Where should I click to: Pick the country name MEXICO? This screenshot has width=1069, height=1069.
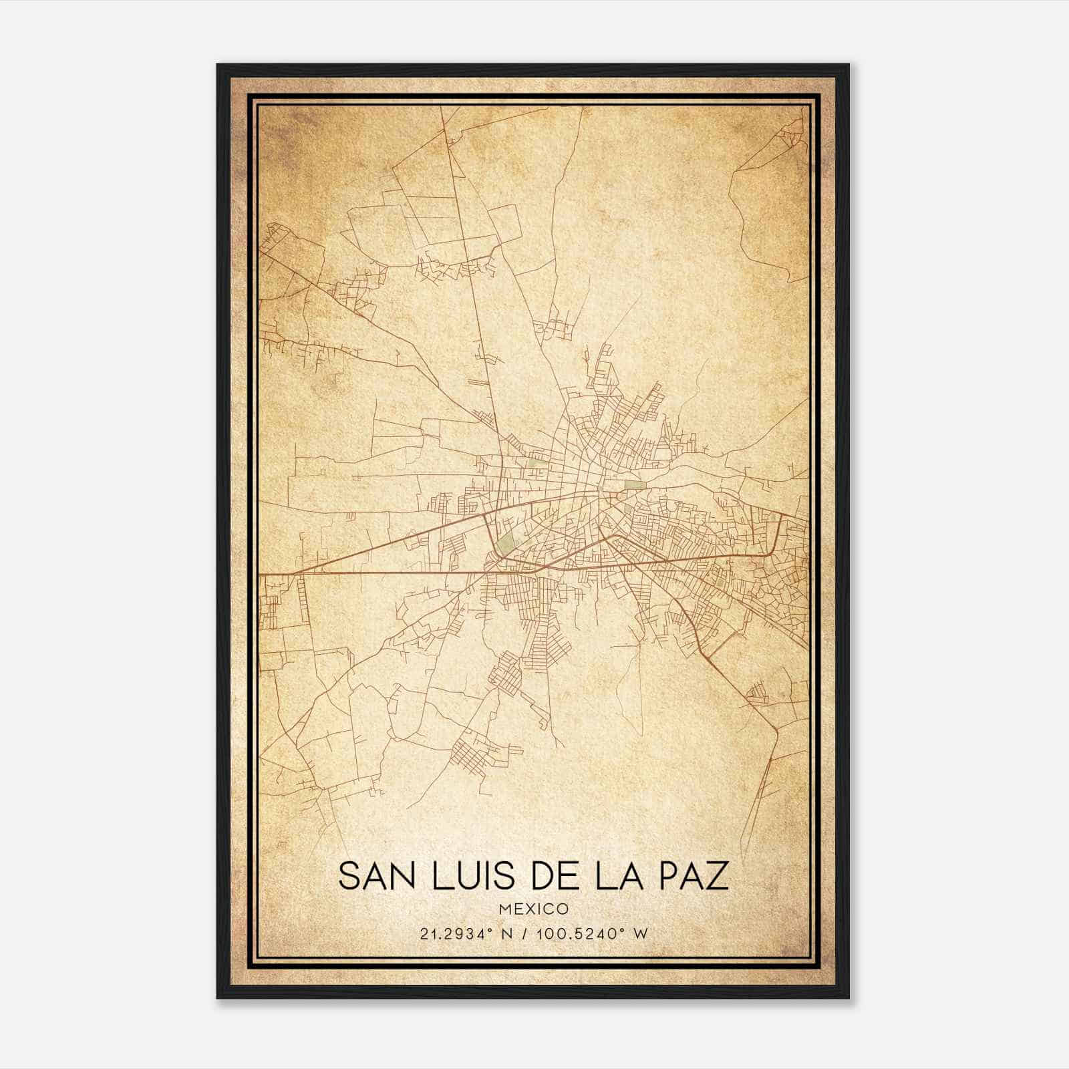533,909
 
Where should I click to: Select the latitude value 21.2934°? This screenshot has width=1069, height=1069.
450,934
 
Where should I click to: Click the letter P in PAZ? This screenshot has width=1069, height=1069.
669,876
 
